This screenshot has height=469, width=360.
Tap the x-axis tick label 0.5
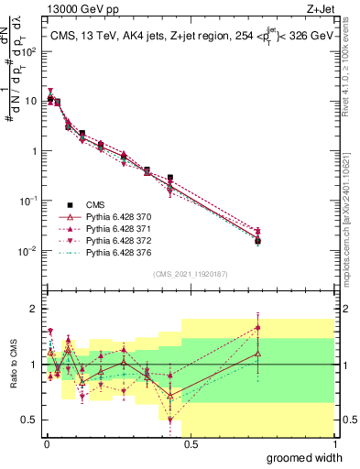tap(189, 444)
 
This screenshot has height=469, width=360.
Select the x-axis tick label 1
tap(333, 444)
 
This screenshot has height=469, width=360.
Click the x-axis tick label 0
tap(45, 444)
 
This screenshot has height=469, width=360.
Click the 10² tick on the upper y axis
tap(30, 51)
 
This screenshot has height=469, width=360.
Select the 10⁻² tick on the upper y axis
tap(30, 250)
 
